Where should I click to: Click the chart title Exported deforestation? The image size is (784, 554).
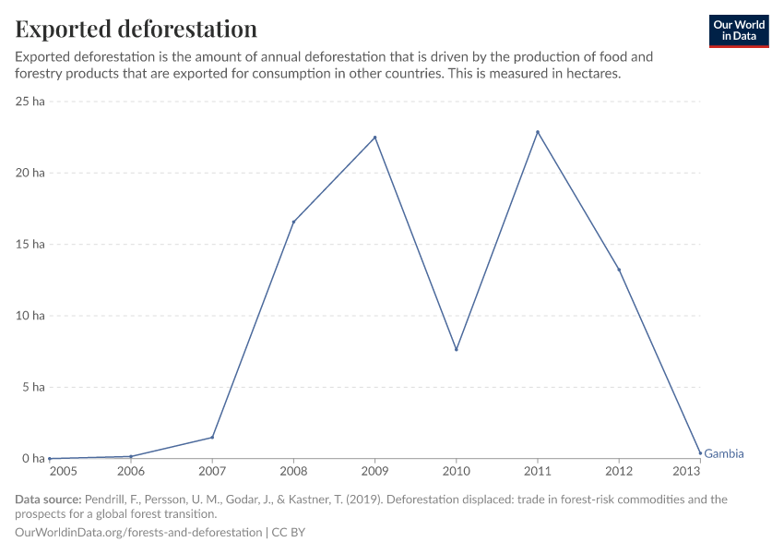coord(137,29)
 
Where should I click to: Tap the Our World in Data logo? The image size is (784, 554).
coord(738,30)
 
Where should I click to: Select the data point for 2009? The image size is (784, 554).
coord(374,138)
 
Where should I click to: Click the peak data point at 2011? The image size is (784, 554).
coord(538,132)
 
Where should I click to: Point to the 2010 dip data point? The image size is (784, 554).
coord(456,349)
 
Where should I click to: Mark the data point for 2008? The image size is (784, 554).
coord(293,222)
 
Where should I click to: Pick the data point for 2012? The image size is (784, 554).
coord(619,270)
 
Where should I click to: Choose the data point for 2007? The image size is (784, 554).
coord(212,437)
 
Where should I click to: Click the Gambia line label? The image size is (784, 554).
coord(724,453)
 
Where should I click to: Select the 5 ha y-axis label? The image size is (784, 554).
coord(33,387)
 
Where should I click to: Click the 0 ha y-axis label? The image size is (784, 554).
coord(33,459)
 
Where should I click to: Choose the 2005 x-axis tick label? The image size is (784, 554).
coord(63,472)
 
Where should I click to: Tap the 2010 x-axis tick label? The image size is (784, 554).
coord(456,472)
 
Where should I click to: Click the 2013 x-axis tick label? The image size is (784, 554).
coord(686,472)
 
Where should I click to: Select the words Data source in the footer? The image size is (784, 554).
coord(48,500)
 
